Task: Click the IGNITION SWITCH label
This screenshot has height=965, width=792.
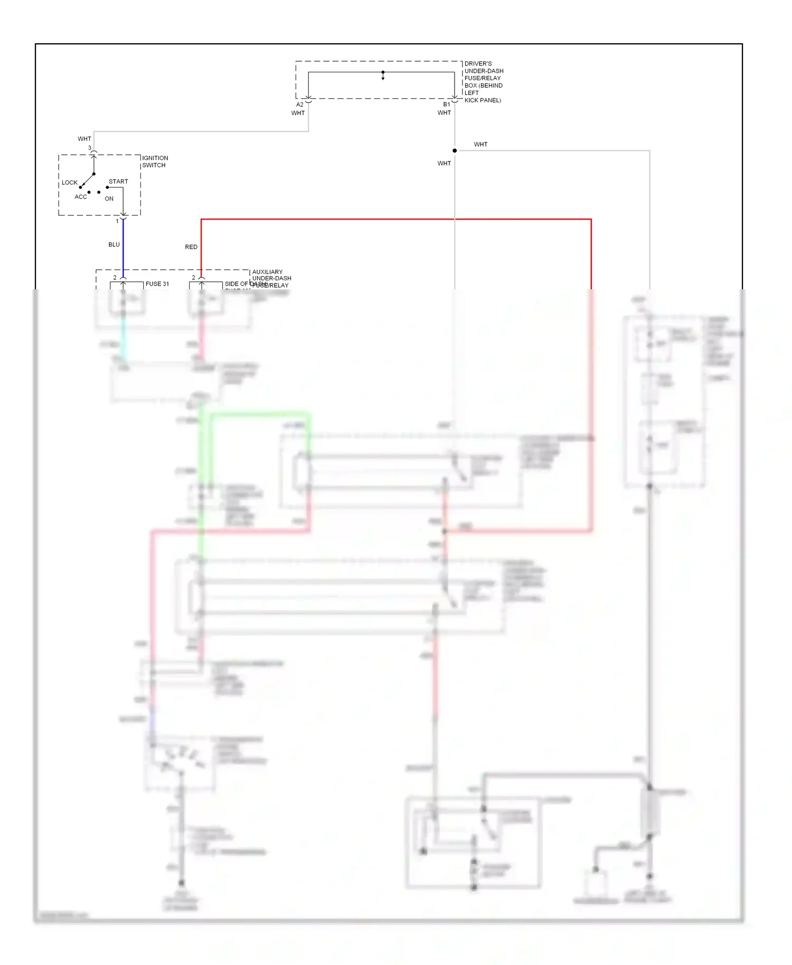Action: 155,162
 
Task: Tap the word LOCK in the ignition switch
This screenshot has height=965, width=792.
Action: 70,183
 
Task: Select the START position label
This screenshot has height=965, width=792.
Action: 118,182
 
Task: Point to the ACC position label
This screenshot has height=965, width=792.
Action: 81,197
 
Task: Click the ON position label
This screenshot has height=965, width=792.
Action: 109,199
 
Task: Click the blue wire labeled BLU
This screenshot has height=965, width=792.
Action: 123,245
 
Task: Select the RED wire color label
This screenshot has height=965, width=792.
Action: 191,247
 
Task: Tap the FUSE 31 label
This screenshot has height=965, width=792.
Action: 157,284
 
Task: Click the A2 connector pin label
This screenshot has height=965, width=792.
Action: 300,105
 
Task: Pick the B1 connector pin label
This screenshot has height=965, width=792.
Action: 447,105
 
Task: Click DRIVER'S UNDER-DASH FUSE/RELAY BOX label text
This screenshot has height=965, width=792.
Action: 483,82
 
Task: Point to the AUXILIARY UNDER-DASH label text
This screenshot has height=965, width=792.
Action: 271,275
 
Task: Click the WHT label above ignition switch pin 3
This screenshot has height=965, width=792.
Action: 84,139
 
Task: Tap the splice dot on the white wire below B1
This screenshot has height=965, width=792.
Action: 455,150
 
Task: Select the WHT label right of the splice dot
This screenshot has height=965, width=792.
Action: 480,144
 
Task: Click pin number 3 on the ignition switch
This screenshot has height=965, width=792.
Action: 90,148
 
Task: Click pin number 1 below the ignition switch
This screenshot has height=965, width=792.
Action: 117,221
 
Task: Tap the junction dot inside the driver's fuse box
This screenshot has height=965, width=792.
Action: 383,72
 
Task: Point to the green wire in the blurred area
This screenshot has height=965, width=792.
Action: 259,415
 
